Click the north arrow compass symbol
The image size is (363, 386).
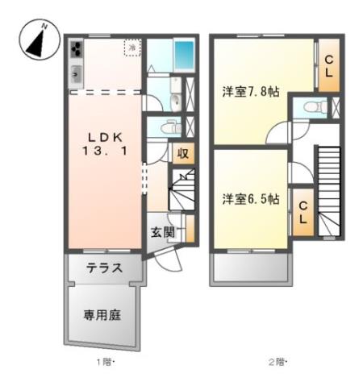coord(35,41)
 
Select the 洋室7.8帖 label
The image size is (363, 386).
coord(252,93)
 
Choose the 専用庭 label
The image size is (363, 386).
coord(102,315)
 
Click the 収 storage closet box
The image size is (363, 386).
coord(183,153)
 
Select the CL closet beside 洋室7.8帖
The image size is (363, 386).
coord(329,64)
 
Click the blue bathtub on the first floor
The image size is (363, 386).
coord(184,56)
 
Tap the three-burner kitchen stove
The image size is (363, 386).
coord(76,51)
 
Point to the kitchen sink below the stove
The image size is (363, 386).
coord(76,74)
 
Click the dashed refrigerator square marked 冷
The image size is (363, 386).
coord(131,48)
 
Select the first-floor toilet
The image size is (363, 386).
coord(169,127)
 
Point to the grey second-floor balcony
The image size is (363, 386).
coord(249,268)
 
